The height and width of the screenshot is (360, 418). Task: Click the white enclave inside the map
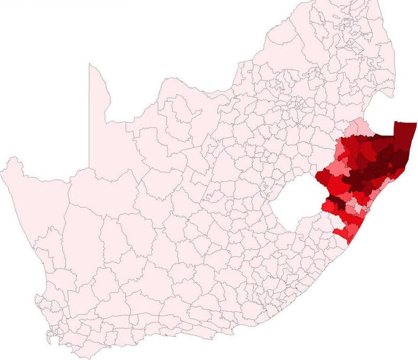click(295, 207)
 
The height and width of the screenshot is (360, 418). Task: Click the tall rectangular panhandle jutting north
click(97, 99)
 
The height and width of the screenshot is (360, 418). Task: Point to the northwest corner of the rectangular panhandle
click(89, 64)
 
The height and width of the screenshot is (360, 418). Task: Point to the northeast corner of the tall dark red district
click(416, 122)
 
